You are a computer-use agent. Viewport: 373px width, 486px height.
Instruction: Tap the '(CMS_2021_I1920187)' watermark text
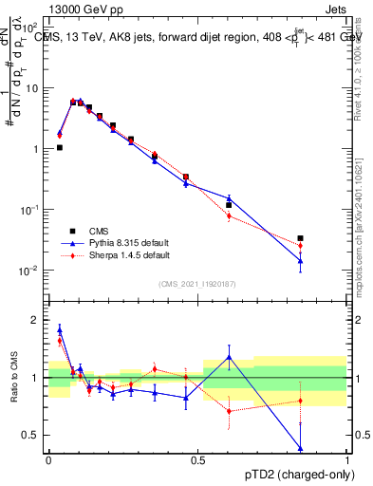click(x=197, y=284)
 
